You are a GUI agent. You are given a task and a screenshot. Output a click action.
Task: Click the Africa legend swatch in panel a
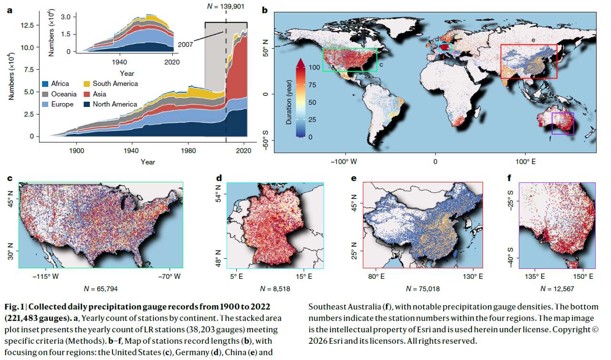tap(46, 84)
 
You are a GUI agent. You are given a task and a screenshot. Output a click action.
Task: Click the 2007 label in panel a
tap(186, 44)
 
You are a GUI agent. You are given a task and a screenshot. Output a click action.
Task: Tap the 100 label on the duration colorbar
tap(313, 68)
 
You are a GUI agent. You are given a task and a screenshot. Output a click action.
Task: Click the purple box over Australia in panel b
tap(563, 123)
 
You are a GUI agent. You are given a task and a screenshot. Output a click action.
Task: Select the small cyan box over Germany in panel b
tap(444, 47)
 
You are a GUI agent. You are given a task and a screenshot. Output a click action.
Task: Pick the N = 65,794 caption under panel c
tap(100, 289)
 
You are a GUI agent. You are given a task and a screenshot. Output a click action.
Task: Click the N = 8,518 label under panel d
tap(275, 289)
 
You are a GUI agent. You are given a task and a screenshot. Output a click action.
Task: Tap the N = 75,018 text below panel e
tap(422, 289)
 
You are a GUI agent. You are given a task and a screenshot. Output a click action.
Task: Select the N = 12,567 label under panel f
tap(557, 289)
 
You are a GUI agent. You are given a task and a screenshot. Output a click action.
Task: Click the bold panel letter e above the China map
tap(353, 179)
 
